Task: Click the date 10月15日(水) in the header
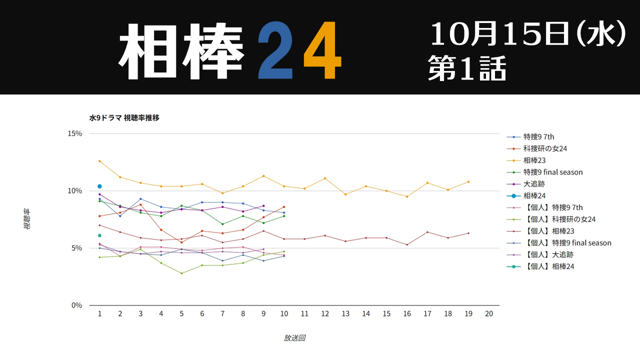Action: click(x=527, y=35)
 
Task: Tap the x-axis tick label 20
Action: click(x=489, y=313)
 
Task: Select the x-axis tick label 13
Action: click(x=345, y=313)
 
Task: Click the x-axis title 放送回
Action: click(x=294, y=338)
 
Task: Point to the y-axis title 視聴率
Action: click(x=27, y=219)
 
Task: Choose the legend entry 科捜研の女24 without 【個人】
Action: click(x=545, y=148)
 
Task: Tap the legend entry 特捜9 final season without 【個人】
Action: click(x=553, y=172)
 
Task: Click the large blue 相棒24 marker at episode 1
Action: click(x=99, y=186)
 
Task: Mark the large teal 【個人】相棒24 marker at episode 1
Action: click(x=99, y=235)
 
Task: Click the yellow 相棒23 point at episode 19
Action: click(x=468, y=181)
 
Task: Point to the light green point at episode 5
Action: click(x=181, y=273)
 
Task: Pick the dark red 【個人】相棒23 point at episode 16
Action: click(x=407, y=244)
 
